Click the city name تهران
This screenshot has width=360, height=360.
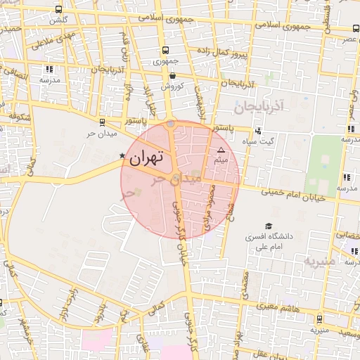point(146,158)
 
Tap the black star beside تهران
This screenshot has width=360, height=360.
point(122,155)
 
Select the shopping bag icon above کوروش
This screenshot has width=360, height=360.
point(172,75)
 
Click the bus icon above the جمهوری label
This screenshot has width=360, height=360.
point(165,50)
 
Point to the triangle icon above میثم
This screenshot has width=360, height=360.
point(221,150)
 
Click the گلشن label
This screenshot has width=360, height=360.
point(57,20)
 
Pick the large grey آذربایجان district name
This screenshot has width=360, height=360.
point(258,108)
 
